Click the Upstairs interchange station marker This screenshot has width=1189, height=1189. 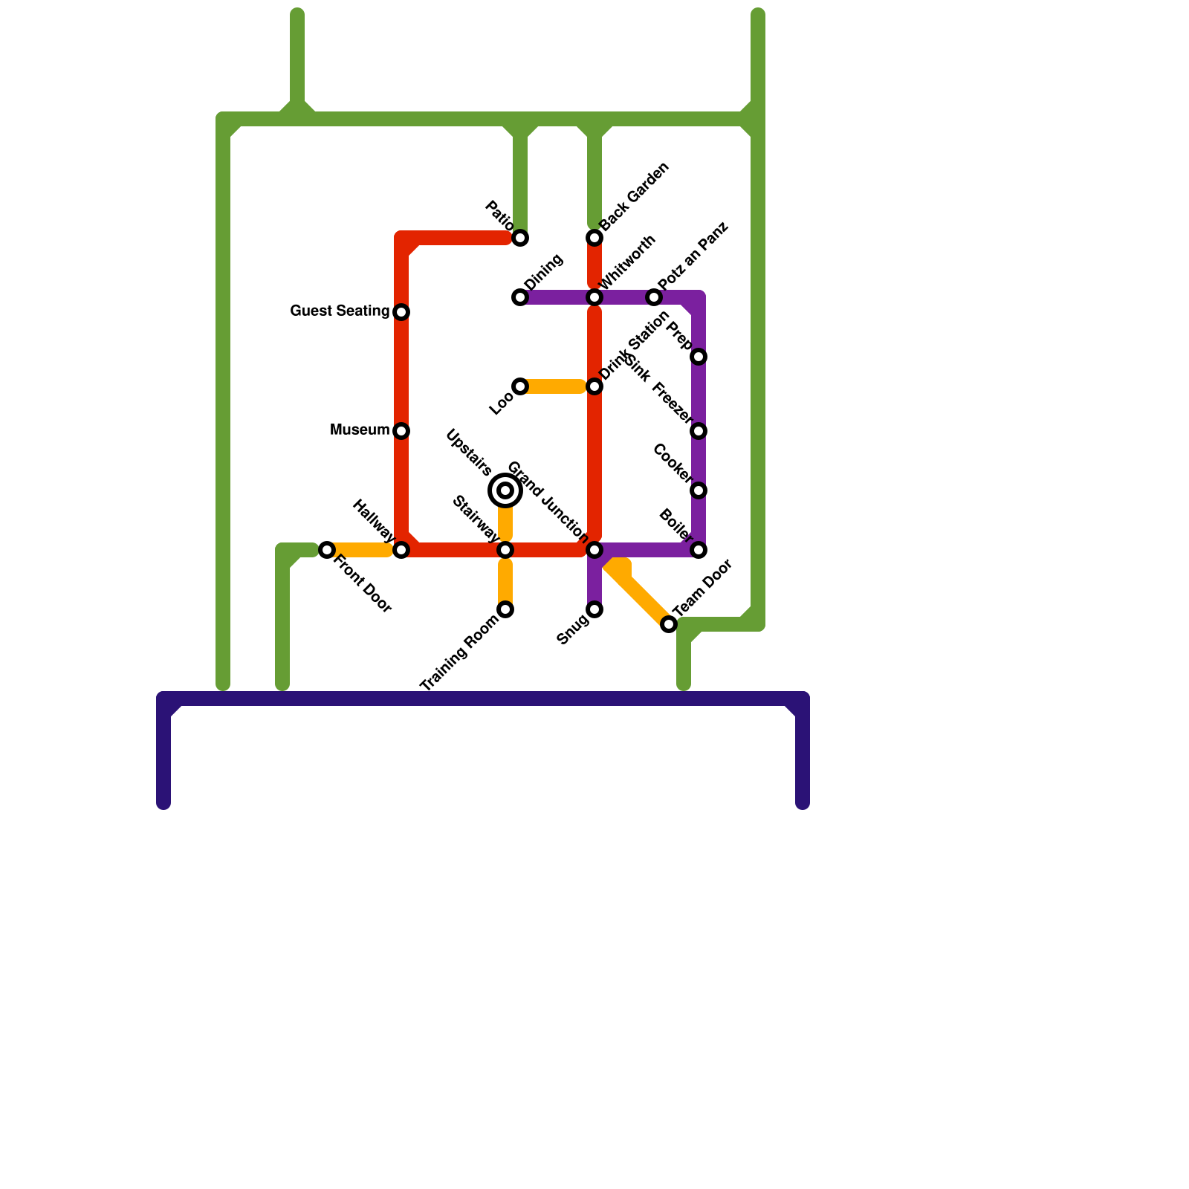[x=505, y=490]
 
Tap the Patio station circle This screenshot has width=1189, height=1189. [x=520, y=238]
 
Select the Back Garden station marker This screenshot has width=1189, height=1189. [x=594, y=238]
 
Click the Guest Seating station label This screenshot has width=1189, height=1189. [x=340, y=311]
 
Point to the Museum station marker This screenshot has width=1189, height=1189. [x=401, y=431]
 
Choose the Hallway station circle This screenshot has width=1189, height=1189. [x=401, y=550]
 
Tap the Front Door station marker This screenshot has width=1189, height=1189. [x=327, y=550]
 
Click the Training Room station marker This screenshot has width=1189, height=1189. [x=505, y=609]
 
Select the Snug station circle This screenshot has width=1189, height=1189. [x=594, y=609]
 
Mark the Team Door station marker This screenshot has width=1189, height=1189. [x=669, y=624]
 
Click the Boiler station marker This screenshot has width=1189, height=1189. [x=699, y=550]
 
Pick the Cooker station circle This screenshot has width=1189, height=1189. [x=699, y=490]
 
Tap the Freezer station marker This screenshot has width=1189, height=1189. [x=699, y=431]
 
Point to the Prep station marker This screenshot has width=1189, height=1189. [x=699, y=357]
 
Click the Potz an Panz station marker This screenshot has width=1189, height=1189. [x=654, y=297]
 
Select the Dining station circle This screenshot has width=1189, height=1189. [x=520, y=297]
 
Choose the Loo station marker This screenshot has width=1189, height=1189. [x=520, y=386]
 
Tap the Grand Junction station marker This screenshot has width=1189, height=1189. [x=594, y=550]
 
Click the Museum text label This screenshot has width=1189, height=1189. [x=360, y=430]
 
